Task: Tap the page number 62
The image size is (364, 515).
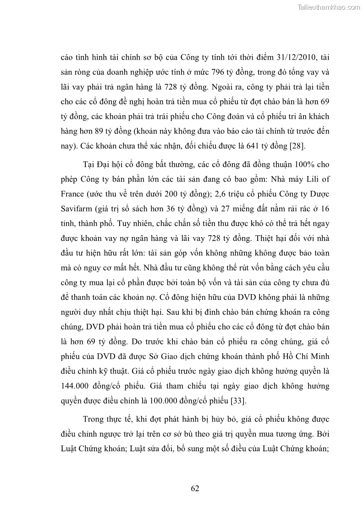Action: point(195,488)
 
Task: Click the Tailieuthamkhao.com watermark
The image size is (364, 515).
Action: point(329,7)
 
